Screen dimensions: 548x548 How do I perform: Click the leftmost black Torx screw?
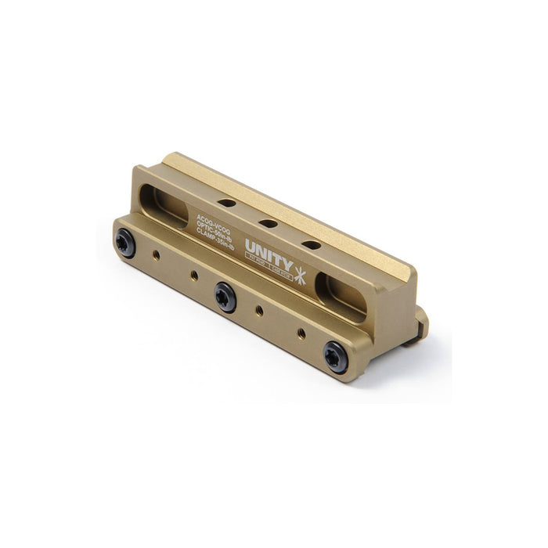(125, 243)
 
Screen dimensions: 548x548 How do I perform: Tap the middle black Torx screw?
(227, 297)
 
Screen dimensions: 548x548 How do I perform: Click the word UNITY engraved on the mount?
(269, 253)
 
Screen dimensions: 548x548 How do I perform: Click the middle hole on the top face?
(267, 223)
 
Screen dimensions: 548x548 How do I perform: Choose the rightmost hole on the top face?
(310, 244)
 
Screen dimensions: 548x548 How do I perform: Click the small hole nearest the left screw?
(156, 254)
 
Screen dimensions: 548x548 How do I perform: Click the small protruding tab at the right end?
(422, 323)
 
